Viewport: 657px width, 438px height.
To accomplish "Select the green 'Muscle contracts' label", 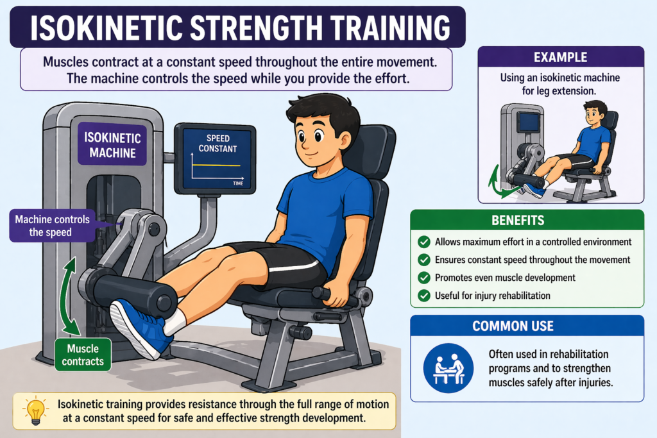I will (x=83, y=355).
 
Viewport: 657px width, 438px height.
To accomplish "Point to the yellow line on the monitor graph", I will (x=214, y=166).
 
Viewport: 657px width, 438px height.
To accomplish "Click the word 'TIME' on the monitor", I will (x=237, y=183).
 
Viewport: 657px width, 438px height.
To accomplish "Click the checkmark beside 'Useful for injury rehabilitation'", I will (x=423, y=296).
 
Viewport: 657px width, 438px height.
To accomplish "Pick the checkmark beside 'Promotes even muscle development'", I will (x=423, y=278).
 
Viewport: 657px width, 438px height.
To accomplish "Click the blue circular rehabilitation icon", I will (x=448, y=367).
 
